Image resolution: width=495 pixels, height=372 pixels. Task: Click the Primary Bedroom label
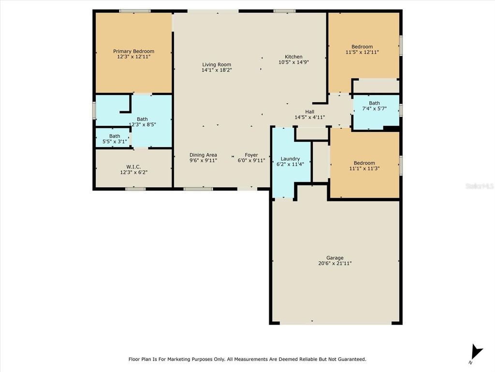tap(133, 51)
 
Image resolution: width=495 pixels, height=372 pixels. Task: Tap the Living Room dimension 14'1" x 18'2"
tap(216, 70)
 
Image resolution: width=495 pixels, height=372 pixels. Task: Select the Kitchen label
tap(293, 57)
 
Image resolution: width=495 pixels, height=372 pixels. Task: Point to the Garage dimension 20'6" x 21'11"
tap(335, 263)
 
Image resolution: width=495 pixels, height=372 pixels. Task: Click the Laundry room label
tap(290, 159)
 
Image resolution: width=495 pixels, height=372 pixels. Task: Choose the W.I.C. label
tap(133, 166)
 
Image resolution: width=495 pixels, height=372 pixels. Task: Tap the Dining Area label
tap(203, 155)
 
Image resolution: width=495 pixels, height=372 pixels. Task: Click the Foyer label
tap(251, 155)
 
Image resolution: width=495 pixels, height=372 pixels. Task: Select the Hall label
tap(309, 111)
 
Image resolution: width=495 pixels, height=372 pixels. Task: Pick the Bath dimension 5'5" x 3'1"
tap(115, 142)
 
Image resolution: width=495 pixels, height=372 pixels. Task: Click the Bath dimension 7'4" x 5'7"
tap(374, 109)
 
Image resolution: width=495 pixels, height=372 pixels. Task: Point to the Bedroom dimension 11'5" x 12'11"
tap(362, 52)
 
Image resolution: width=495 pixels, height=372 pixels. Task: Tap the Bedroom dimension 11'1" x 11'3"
tap(364, 169)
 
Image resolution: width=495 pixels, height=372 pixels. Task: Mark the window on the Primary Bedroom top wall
tap(135, 11)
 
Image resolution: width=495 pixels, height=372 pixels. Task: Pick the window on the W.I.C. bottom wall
tap(135, 188)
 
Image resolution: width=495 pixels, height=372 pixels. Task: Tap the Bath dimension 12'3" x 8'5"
tap(142, 125)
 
